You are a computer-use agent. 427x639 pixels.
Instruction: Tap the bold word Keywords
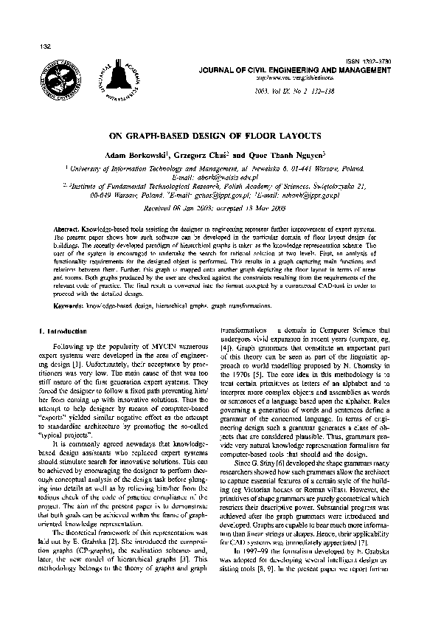click(69, 305)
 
